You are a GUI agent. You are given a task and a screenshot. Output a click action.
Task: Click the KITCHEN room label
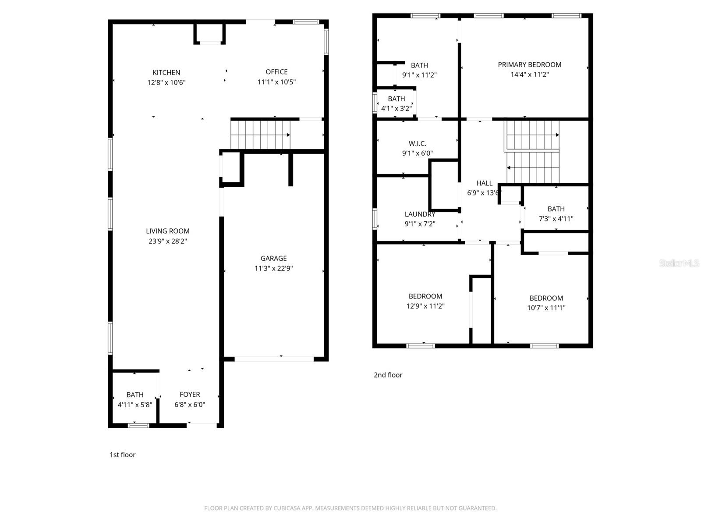pyautogui.click(x=166, y=72)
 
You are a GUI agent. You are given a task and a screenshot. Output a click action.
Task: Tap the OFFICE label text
pyautogui.click(x=276, y=72)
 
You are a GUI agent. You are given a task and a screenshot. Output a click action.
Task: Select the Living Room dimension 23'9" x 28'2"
pyautogui.click(x=167, y=241)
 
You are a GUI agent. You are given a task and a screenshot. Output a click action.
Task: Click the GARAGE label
pyautogui.click(x=273, y=259)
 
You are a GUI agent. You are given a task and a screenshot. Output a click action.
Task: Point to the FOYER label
pyautogui.click(x=190, y=394)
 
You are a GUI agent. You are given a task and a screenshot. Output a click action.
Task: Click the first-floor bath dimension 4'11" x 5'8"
pyautogui.click(x=135, y=405)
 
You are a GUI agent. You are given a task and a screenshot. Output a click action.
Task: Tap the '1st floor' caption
pyautogui.click(x=123, y=455)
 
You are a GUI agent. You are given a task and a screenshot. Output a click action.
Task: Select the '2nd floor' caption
pyautogui.click(x=388, y=375)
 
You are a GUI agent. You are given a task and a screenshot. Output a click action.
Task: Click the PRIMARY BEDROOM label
pyautogui.click(x=529, y=64)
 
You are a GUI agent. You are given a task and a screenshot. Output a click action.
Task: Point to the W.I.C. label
pyautogui.click(x=417, y=143)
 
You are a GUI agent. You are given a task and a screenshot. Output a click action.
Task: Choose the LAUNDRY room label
pyautogui.click(x=420, y=214)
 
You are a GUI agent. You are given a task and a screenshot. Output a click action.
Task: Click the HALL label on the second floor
pyautogui.click(x=484, y=183)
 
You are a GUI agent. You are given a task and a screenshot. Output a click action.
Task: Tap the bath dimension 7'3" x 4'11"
pyautogui.click(x=556, y=219)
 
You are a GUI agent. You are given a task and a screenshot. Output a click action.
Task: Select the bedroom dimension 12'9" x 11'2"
pyautogui.click(x=425, y=306)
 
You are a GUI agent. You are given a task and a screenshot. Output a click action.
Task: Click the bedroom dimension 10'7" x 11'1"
pyautogui.click(x=546, y=308)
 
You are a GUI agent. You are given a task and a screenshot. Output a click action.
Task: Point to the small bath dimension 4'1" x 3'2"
pyautogui.click(x=396, y=108)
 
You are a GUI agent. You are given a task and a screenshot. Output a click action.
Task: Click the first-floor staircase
pyautogui.click(x=261, y=135)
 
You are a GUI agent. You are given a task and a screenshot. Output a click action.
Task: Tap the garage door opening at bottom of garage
pyautogui.click(x=274, y=359)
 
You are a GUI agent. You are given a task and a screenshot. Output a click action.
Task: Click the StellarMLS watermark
pyautogui.click(x=679, y=263)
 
